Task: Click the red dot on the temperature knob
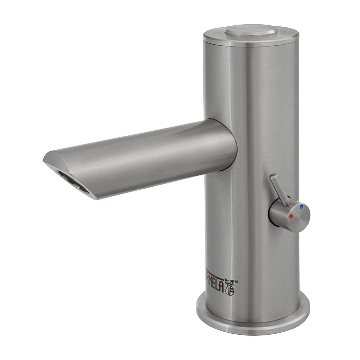291,217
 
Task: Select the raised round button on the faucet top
250,30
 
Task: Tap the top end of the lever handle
273,178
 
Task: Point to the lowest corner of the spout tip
93,197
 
